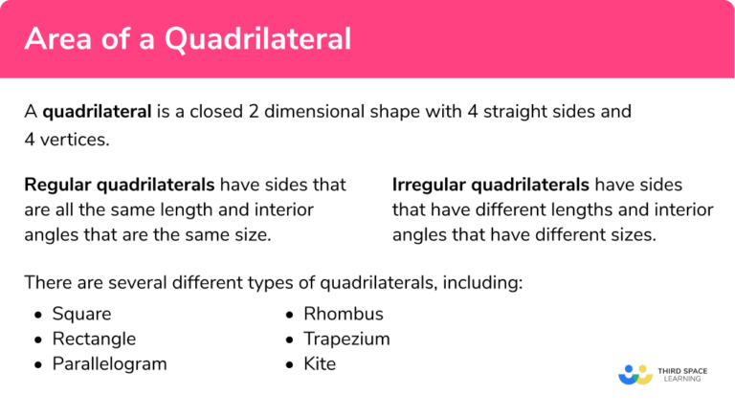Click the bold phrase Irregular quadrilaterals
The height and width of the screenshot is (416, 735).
coord(492,185)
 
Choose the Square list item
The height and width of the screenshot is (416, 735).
coord(81,314)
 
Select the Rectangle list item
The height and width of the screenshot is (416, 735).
coord(94,339)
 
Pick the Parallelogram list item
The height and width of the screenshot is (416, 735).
coord(109,363)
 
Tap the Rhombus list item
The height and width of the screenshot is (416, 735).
coord(343,314)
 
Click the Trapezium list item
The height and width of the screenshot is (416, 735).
coord(346,339)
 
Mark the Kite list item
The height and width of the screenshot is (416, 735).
coord(320,363)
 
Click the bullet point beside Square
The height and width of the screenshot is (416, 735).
coord(37,315)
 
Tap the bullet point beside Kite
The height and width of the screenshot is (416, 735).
coord(289,364)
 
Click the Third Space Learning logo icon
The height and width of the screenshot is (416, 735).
coord(635,373)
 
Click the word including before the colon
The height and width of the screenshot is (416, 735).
coord(484,283)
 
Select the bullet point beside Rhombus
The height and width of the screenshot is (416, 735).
coord(289,315)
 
